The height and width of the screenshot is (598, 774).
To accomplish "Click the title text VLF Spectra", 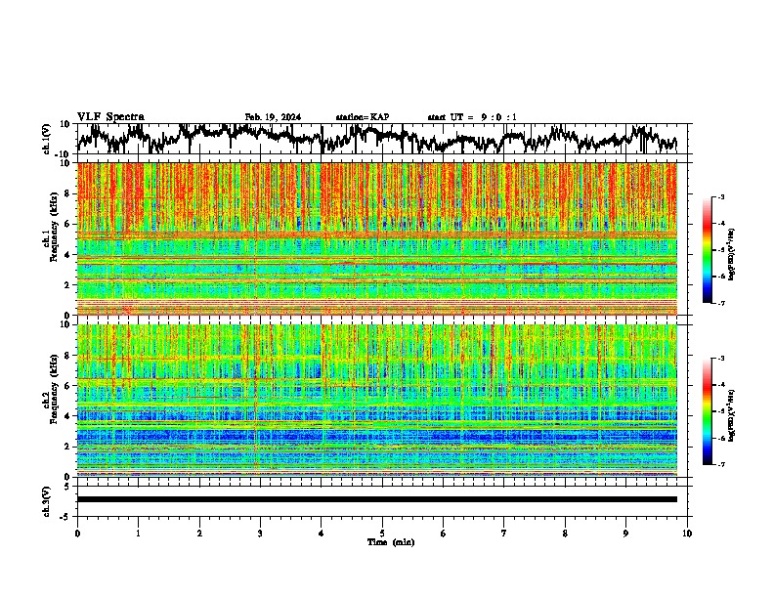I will coord(110,117).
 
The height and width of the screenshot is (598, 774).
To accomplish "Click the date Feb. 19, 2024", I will coord(273,117).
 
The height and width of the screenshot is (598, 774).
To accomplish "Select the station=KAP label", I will coord(362,117).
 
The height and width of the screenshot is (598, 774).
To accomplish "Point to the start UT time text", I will coord(472,117).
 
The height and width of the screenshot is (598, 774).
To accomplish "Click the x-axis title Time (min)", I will coord(382,541).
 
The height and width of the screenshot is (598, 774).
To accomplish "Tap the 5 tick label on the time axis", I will coord(382,533).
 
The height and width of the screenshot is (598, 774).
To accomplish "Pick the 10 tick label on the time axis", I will coord(687,533).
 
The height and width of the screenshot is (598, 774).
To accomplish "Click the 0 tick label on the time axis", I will coord(77,533).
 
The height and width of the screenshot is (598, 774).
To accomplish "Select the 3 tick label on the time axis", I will coord(260,533).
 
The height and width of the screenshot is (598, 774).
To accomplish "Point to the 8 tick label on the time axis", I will coord(565,533).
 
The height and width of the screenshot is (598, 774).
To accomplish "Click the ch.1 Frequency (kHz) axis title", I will coord(49,238).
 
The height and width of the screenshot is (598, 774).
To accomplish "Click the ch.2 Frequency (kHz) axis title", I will coord(49,400).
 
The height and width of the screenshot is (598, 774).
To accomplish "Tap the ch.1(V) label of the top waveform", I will coord(47,139).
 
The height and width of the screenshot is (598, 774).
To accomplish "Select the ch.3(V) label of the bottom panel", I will coord(47,499).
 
